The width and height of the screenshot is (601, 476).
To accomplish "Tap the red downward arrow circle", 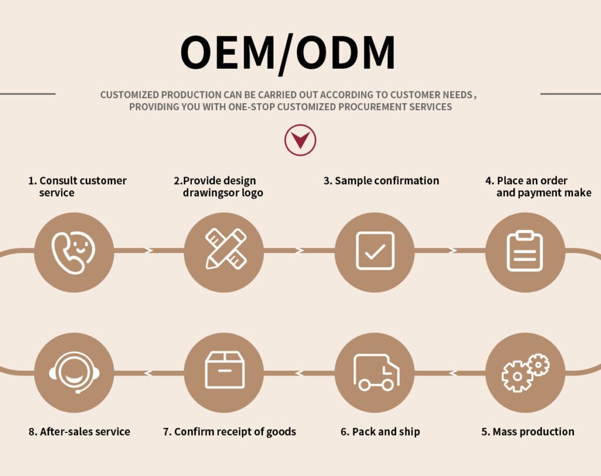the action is click(x=300, y=140).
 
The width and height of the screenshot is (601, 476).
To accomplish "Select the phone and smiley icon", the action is click(x=73, y=252).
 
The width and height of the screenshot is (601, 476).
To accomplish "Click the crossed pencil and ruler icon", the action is click(x=226, y=249).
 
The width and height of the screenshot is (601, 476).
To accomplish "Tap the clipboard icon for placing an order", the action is click(x=525, y=251).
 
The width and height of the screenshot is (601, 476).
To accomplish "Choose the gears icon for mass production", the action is click(x=525, y=373).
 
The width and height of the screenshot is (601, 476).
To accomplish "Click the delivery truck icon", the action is click(x=376, y=373).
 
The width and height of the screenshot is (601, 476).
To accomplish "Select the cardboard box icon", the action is click(x=225, y=370).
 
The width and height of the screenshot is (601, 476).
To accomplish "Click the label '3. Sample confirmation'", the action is click(x=381, y=181).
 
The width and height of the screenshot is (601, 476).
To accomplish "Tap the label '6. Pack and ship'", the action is click(x=380, y=431).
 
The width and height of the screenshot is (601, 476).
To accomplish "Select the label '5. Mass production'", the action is click(x=528, y=431).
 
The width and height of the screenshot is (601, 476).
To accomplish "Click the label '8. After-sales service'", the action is click(x=79, y=431).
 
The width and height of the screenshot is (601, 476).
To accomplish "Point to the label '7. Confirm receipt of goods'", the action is click(x=229, y=431).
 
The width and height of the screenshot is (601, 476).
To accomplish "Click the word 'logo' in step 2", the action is click(x=251, y=193).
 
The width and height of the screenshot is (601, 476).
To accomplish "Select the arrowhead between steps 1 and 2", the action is click(x=148, y=250).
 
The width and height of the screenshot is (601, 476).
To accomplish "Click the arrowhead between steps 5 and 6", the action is click(x=453, y=373).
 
